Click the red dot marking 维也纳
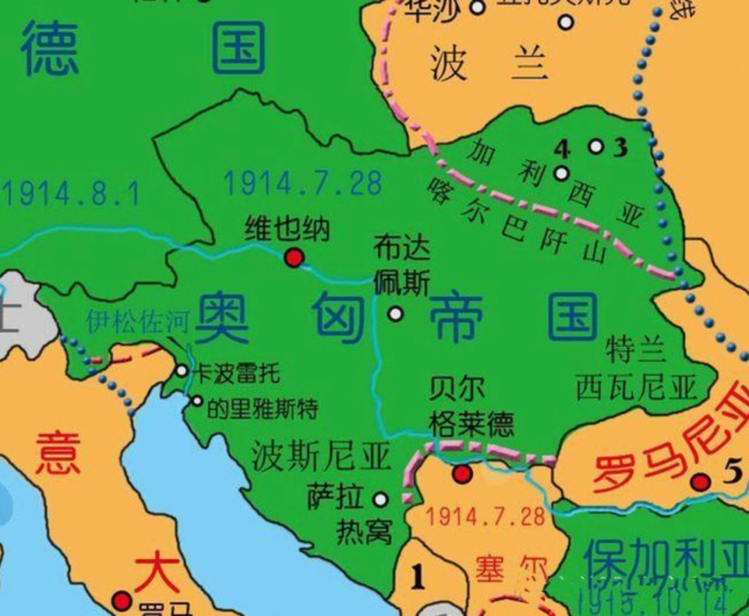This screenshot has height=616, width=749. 294,258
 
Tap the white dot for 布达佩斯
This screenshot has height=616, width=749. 395,314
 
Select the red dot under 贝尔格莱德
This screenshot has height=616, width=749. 462,474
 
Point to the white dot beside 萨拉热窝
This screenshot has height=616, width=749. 381,499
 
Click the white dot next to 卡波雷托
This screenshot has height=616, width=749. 182,371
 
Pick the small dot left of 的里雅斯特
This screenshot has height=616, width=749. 197,401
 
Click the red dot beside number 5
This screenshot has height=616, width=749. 701,481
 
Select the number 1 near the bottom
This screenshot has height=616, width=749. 417,577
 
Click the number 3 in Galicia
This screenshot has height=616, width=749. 620,147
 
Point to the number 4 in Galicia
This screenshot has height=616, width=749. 562,148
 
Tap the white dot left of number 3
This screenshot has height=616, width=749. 596,146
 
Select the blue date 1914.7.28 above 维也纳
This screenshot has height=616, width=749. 302,183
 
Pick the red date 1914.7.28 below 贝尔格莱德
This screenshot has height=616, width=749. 485,517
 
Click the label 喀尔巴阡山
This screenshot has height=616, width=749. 517,223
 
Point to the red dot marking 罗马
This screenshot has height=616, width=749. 123,600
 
